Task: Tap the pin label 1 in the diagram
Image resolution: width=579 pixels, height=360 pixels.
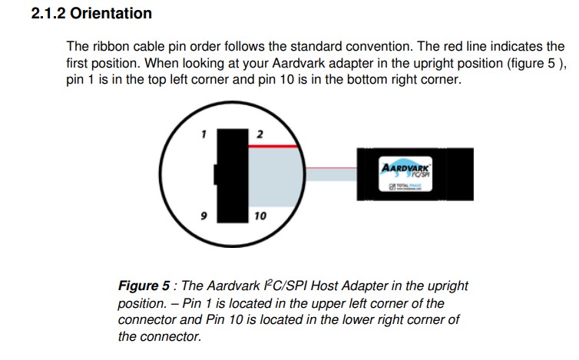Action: [x=203, y=134]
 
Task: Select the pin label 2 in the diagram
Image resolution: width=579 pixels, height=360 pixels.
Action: [x=260, y=134]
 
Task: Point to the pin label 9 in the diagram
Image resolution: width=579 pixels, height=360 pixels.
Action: [x=203, y=216]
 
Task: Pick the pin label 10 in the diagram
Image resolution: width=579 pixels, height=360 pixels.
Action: [x=260, y=216]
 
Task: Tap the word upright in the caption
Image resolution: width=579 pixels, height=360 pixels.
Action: [x=448, y=286]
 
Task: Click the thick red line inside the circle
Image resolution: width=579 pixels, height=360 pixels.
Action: [x=273, y=146]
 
